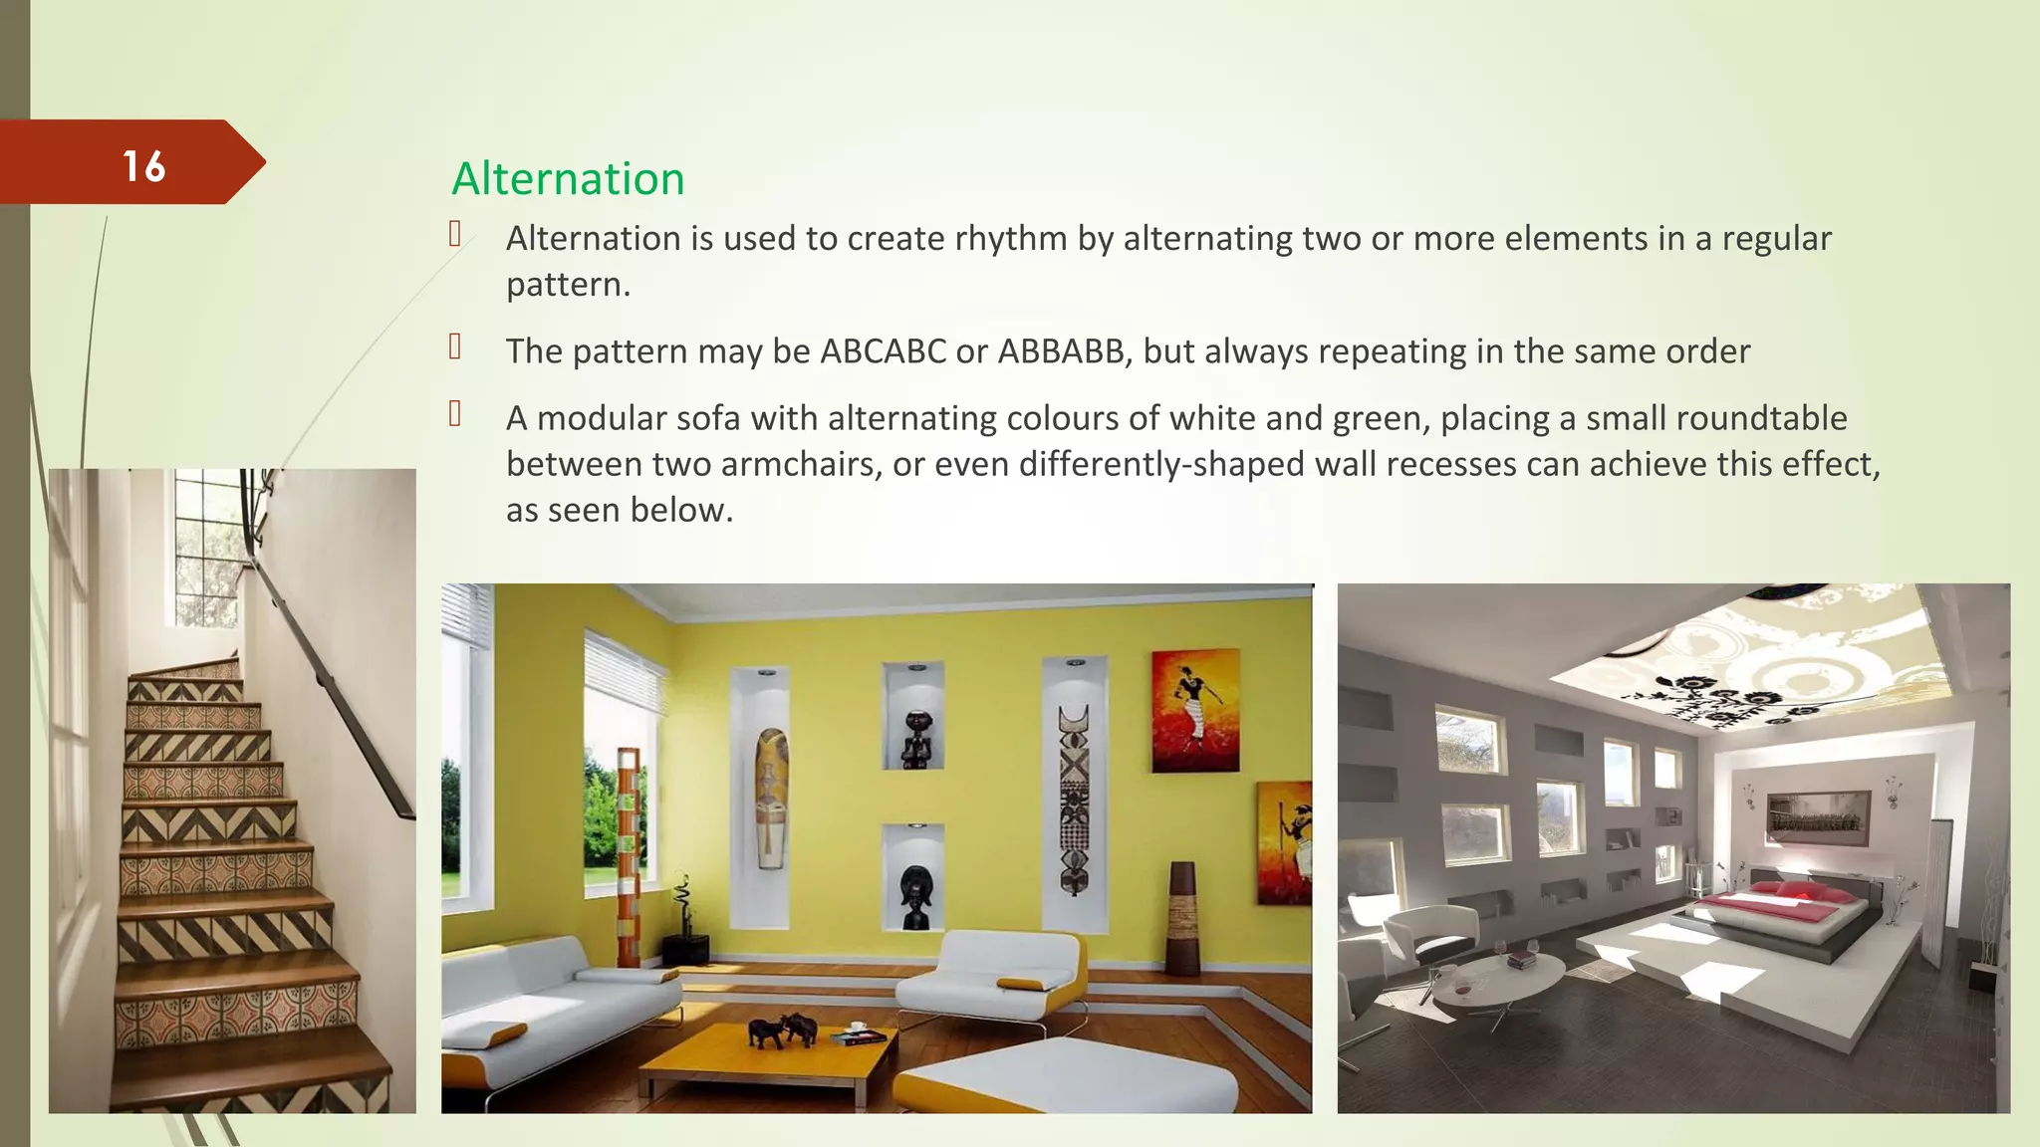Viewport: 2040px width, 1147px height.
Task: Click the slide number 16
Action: [143, 166]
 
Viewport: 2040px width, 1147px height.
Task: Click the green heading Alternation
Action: [568, 179]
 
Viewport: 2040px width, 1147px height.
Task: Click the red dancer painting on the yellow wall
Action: [1195, 710]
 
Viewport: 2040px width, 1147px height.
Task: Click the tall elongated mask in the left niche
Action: [771, 797]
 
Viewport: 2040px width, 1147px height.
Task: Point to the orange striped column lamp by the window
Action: [628, 856]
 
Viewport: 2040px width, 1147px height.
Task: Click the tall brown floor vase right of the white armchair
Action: [1182, 916]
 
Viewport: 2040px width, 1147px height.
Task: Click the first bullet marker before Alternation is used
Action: [455, 235]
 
